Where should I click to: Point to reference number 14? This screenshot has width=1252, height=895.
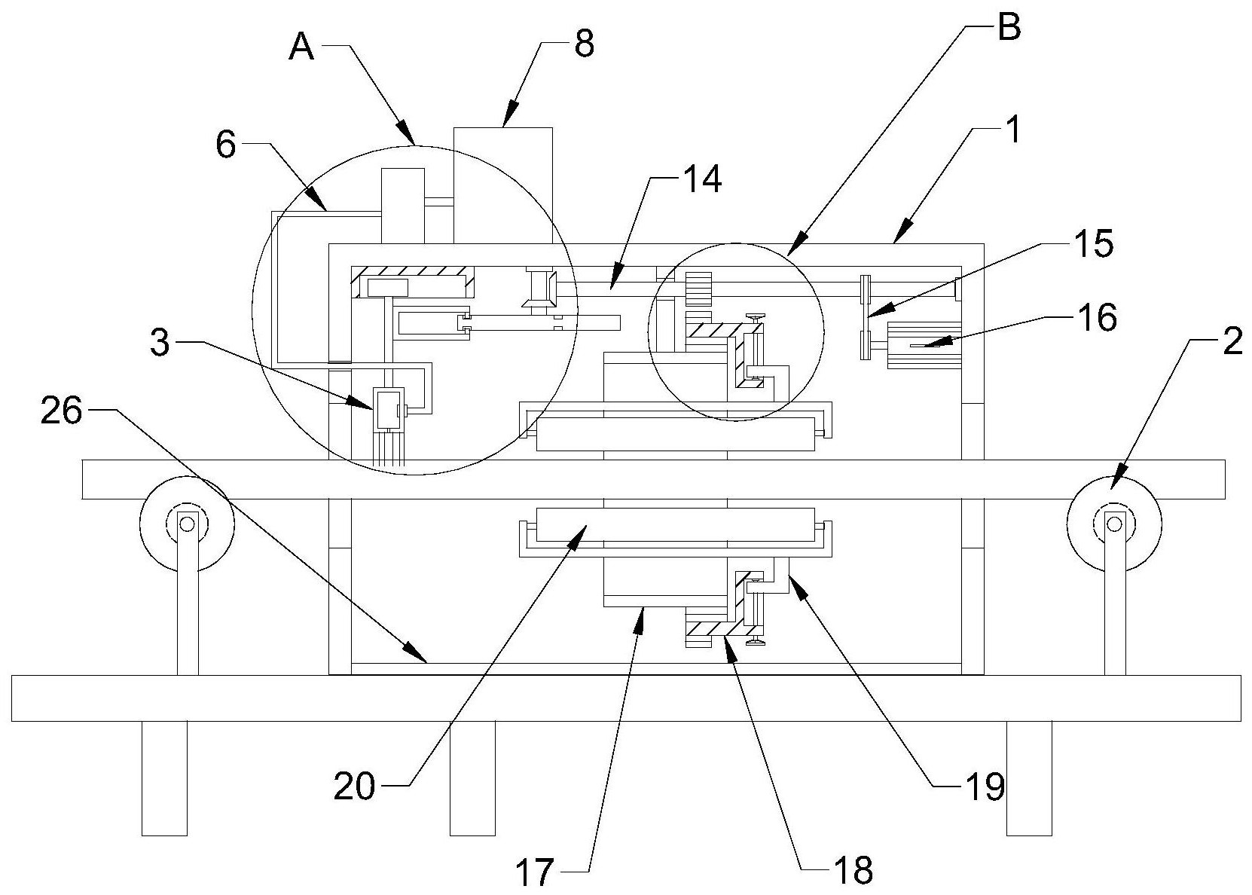(701, 179)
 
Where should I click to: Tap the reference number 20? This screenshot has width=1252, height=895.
(355, 787)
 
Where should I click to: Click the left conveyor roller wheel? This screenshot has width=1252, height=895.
(186, 522)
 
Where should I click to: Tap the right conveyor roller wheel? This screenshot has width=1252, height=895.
(1114, 522)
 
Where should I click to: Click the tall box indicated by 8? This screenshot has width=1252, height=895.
(502, 185)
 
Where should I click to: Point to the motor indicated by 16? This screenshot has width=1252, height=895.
(924, 345)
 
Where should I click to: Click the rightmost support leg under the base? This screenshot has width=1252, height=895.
(1028, 777)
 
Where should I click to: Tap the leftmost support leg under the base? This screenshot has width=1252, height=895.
(164, 777)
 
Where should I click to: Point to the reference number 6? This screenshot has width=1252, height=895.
(226, 145)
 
